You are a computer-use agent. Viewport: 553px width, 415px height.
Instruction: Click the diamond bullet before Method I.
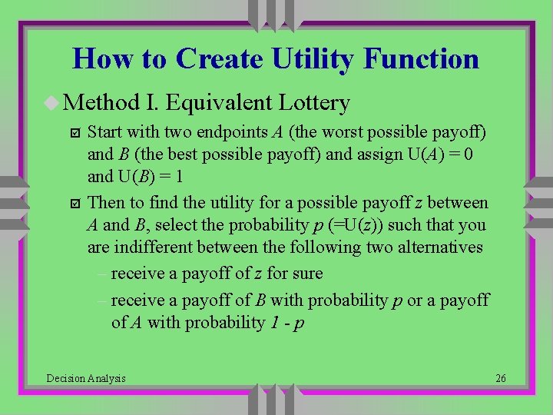pyautogui.click(x=52, y=102)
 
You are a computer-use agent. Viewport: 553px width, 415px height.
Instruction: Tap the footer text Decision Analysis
pyautogui.click(x=86, y=378)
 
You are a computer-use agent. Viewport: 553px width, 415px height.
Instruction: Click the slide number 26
pyautogui.click(x=500, y=378)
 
